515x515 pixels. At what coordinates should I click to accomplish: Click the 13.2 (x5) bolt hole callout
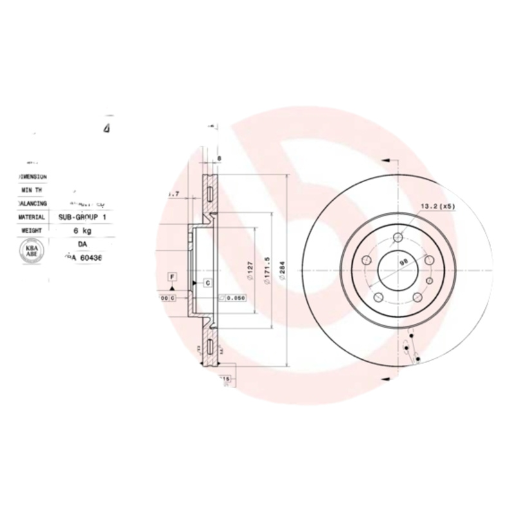coord(437,207)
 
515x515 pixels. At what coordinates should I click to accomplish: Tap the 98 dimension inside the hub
coord(404,262)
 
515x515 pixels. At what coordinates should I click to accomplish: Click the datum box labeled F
coord(172,277)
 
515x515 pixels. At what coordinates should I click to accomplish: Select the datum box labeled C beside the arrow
coord(208,283)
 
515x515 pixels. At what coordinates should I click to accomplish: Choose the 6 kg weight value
coord(82,230)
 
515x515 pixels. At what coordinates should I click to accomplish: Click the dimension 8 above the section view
coord(220,158)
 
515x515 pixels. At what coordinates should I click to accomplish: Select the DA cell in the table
coord(82,245)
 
